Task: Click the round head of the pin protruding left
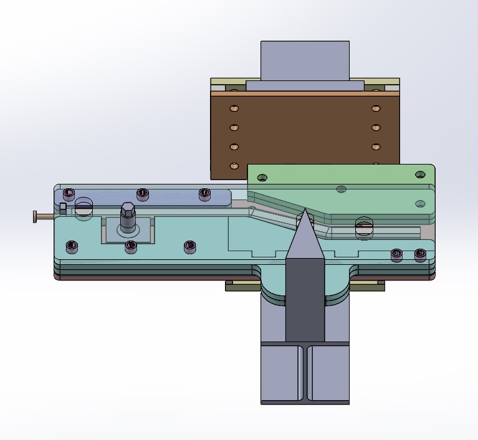(x=36, y=217)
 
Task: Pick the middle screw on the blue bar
(x=143, y=193)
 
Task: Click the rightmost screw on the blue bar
(x=204, y=194)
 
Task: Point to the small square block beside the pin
(x=63, y=207)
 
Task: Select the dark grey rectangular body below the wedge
(x=305, y=299)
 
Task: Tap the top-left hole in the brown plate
(x=234, y=108)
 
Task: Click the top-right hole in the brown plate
(x=376, y=108)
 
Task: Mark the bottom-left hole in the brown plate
(x=234, y=166)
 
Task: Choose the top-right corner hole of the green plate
(x=421, y=175)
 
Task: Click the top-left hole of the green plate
(x=262, y=178)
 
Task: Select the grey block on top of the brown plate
(x=305, y=60)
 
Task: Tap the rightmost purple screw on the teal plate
(x=421, y=254)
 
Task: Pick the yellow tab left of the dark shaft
(x=242, y=286)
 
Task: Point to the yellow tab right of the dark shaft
(x=368, y=286)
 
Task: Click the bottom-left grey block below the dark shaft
(x=281, y=374)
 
